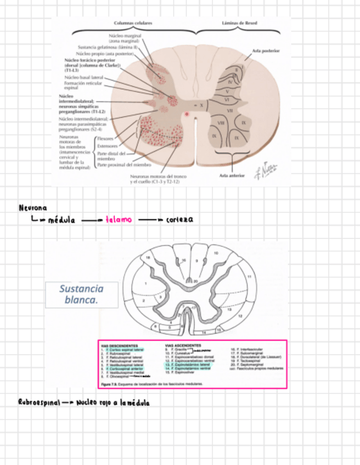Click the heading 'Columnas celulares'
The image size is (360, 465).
tap(133, 24)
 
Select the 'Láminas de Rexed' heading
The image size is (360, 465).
tap(239, 24)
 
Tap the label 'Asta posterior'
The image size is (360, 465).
tap(266, 50)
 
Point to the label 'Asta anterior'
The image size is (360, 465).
tap(232, 175)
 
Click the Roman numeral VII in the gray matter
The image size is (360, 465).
tap(230, 110)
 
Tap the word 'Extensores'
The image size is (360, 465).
tap(107, 147)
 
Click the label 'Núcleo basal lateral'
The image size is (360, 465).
tap(83, 77)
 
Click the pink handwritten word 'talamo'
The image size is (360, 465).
tap(119, 219)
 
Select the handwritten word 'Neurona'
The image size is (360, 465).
tap(32, 208)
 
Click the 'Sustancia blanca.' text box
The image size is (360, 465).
tap(81, 294)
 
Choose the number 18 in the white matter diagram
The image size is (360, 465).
tap(147, 257)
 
